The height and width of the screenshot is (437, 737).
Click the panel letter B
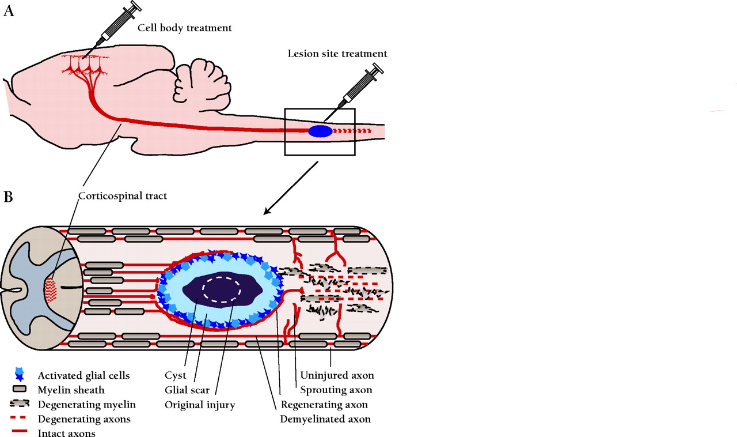coord(9,197)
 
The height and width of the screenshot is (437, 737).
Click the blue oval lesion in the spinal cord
coord(320,131)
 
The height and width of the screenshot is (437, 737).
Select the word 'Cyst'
coord(175,376)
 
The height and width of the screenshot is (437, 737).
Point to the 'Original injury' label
coord(200,405)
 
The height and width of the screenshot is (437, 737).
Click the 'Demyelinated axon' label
coord(325,419)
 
